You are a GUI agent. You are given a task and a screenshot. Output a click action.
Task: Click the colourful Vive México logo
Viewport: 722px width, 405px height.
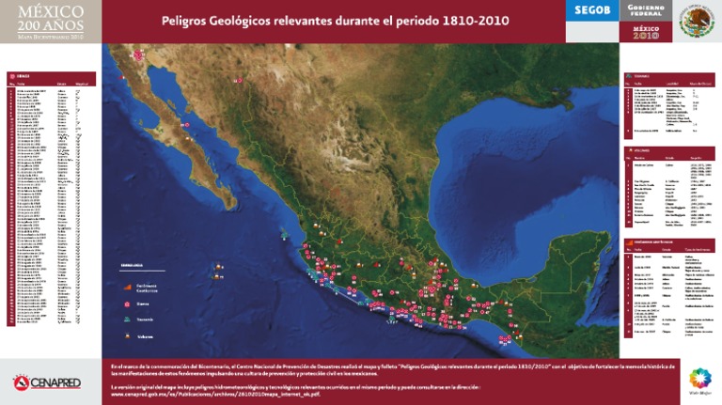coord(698,381)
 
